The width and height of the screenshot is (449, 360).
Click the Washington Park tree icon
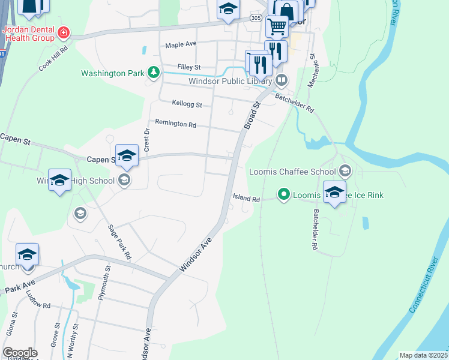pos(154,73)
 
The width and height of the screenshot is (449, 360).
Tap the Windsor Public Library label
pos(231,81)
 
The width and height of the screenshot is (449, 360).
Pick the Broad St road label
pos(252,115)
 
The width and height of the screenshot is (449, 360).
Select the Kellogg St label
pos(187,104)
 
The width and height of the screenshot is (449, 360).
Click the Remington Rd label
pos(175,124)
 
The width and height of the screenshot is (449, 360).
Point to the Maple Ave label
pos(181,44)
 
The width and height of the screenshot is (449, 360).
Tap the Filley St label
pos(188,67)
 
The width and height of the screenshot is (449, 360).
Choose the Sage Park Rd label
pos(119,241)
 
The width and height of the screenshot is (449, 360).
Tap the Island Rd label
pos(247,199)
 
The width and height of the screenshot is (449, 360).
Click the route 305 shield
pos(256,19)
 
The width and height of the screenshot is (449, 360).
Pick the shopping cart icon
pos(277,26)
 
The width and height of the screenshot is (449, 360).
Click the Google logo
pos(20,353)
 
